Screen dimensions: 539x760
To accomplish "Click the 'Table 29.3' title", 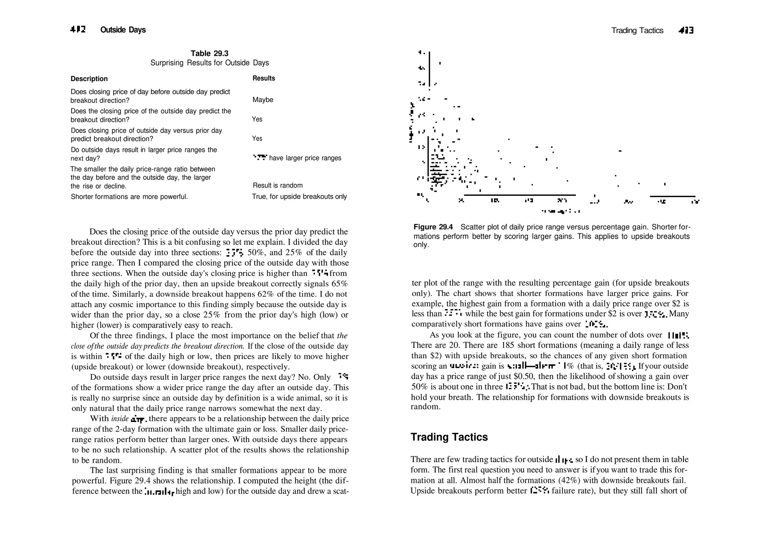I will pos(209,53).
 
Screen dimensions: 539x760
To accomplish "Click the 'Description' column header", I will pos(89,79).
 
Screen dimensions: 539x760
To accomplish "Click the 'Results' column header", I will pos(263,78).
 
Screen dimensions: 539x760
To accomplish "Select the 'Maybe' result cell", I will pos(263,100).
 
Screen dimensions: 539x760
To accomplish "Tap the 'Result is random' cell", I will pos(278,185).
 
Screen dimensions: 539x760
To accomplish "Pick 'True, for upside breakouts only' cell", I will pos(299,197).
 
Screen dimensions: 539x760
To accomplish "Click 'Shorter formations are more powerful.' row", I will pos(129,197).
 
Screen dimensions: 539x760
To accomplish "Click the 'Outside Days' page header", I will pos(123,30).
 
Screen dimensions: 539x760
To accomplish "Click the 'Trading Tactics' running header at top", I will pos(637,30).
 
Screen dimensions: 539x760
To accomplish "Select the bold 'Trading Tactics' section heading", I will pos(449,437).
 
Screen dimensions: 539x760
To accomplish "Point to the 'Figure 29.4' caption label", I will pos(433,227).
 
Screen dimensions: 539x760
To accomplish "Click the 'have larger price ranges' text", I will pos(305,158).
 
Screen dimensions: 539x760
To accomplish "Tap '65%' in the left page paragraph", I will pos(339,284).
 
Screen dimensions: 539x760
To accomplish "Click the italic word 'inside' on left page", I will pos(119,419).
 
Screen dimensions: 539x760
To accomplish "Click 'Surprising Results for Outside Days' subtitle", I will pos(209,63).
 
